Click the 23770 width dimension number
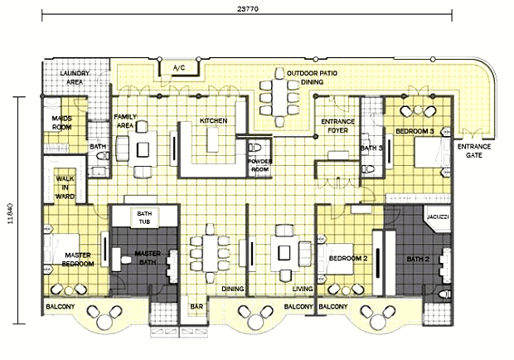[x=248, y=9]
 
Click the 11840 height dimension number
[x=10, y=213]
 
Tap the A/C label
[x=179, y=68]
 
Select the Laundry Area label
[x=75, y=78]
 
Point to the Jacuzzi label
[x=438, y=217]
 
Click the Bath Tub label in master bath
[x=144, y=217]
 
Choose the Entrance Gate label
[x=474, y=151]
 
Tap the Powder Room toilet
[x=255, y=147]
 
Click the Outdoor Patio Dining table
[x=279, y=97]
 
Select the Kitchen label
[x=213, y=120]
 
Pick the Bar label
[x=196, y=307]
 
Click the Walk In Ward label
[x=65, y=187]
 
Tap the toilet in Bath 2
[x=445, y=294]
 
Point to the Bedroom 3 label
[x=415, y=132]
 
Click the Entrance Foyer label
[x=338, y=126]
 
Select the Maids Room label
[x=61, y=123]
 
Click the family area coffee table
[x=143, y=149]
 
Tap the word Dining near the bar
[x=233, y=289]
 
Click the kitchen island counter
[x=212, y=139]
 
